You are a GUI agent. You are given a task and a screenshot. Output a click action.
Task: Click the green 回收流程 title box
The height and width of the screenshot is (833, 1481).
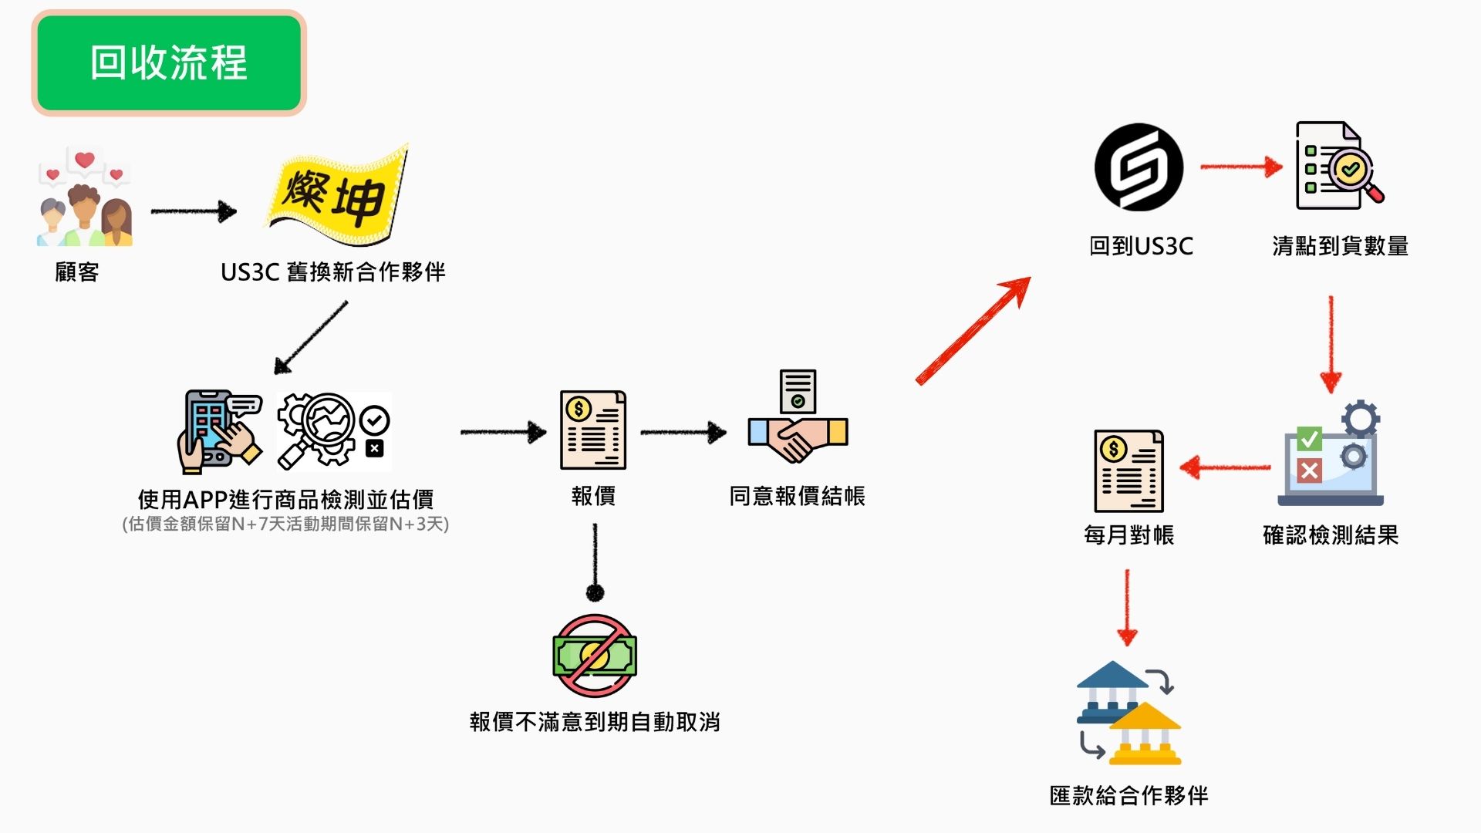tap(169, 63)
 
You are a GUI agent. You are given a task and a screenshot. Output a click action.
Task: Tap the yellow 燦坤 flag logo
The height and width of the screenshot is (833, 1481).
tap(337, 194)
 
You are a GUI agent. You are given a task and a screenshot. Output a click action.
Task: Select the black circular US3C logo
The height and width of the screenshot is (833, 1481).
tap(1139, 167)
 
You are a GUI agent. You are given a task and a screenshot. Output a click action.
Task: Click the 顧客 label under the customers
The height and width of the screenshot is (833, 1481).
tap(77, 272)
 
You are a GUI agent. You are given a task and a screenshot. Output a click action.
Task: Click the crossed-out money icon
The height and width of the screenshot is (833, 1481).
tap(594, 656)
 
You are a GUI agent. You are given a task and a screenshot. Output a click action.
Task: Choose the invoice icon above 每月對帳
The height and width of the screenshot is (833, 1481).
tap(1128, 470)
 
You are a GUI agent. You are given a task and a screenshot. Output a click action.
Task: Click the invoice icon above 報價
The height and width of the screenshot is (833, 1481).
tap(592, 430)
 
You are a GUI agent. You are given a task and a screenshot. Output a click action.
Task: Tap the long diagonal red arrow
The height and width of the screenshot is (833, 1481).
tap(973, 331)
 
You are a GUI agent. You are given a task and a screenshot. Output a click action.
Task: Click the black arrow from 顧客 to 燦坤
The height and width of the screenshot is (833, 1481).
tap(194, 211)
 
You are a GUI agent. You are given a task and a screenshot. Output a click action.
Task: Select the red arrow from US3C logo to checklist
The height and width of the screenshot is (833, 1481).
tap(1240, 167)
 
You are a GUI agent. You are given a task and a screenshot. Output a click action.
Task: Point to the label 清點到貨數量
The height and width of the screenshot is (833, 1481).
tap(1340, 246)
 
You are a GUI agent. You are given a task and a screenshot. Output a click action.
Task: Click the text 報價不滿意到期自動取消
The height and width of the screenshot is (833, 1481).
tap(595, 722)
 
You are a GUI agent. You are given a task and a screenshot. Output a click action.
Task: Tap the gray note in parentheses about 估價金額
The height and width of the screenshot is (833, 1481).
tap(285, 524)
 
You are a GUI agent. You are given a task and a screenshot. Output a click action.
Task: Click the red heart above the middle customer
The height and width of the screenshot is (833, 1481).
tap(84, 160)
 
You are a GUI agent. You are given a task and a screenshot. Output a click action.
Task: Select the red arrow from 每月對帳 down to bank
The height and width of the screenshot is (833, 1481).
tap(1127, 608)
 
